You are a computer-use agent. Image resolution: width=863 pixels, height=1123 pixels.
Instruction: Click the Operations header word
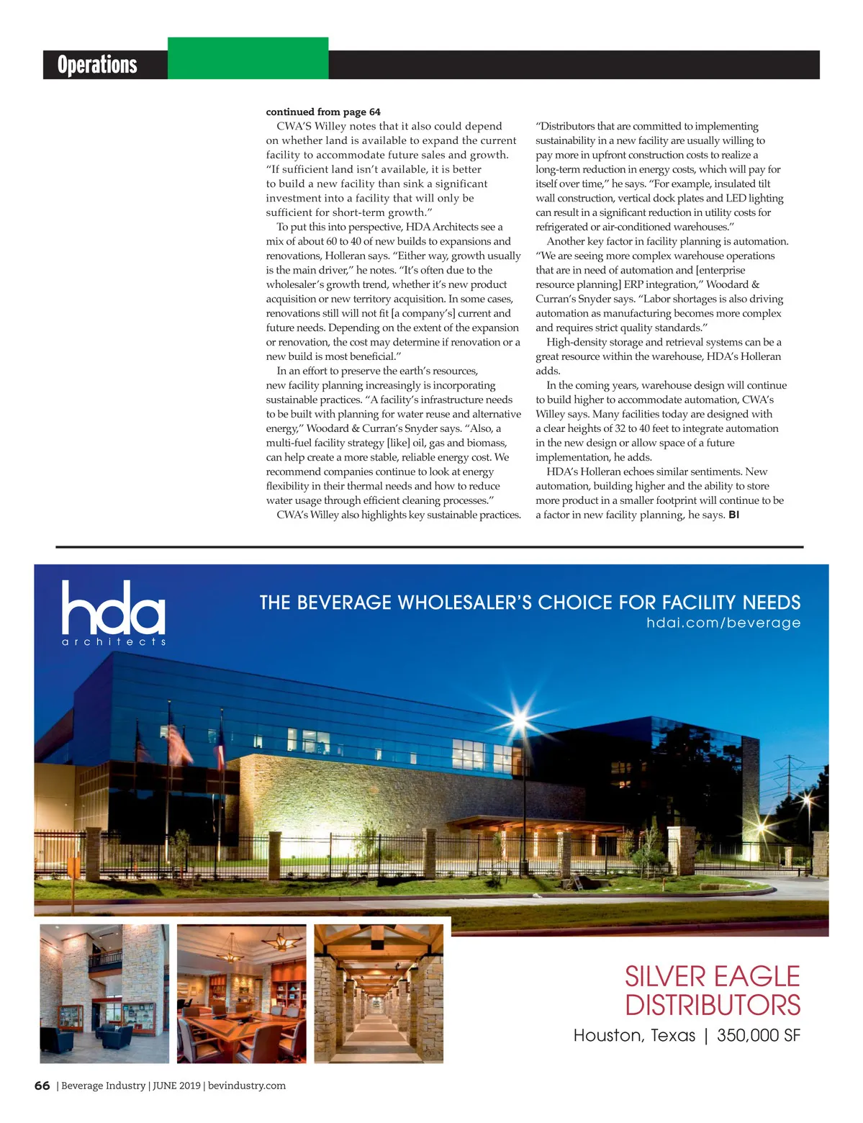pyautogui.click(x=97, y=65)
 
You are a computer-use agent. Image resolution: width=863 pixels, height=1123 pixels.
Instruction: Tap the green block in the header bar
pyautogui.click(x=248, y=58)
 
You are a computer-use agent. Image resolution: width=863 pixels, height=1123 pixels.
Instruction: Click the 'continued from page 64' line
pyautogui.click(x=323, y=112)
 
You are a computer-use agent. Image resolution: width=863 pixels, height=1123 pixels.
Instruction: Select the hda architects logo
pyautogui.click(x=114, y=613)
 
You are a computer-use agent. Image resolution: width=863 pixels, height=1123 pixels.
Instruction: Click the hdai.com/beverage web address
pyautogui.click(x=723, y=623)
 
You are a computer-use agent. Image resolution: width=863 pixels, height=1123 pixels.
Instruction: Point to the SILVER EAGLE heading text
pyautogui.click(x=712, y=977)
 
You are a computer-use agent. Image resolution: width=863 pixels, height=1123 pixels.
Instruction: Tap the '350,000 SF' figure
pyautogui.click(x=759, y=1036)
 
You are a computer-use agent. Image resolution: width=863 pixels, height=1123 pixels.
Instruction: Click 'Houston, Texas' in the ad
pyautogui.click(x=634, y=1036)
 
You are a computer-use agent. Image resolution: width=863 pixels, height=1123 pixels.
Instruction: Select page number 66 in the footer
pyautogui.click(x=42, y=1086)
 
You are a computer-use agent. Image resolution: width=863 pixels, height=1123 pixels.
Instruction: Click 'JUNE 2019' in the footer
pyautogui.click(x=176, y=1086)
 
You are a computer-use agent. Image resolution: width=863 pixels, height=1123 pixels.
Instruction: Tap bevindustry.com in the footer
pyautogui.click(x=247, y=1086)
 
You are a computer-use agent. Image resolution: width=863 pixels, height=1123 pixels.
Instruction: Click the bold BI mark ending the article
pyautogui.click(x=733, y=515)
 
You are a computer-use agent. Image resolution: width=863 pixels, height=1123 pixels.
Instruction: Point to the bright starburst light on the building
pyautogui.click(x=520, y=717)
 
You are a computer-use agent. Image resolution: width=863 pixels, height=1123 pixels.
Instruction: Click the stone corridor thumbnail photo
pyautogui.click(x=379, y=993)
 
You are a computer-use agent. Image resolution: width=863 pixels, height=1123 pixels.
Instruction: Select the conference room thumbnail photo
pyautogui.click(x=241, y=993)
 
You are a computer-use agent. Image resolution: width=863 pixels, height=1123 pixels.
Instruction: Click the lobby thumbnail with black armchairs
pyautogui.click(x=104, y=993)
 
